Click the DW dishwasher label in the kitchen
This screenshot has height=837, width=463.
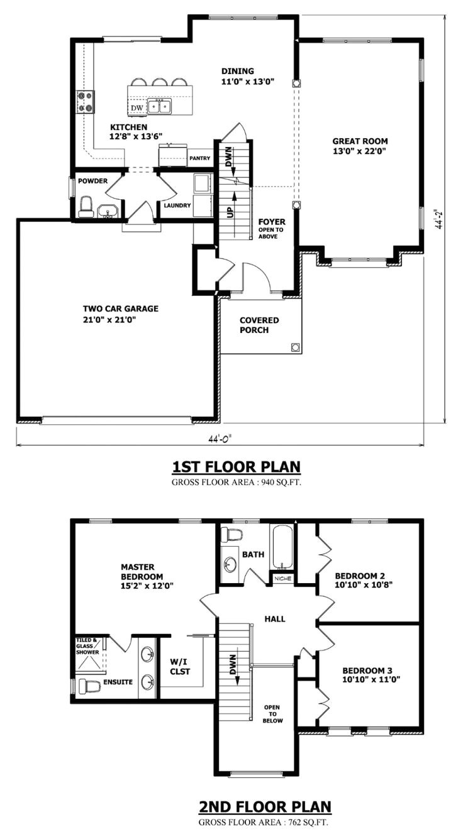(137, 108)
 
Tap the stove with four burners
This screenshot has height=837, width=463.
(85, 102)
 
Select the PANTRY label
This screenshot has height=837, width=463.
(199, 158)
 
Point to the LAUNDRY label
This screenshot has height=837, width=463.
(177, 205)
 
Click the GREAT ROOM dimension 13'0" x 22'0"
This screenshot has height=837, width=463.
(360, 151)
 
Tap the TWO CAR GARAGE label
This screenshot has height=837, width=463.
(120, 309)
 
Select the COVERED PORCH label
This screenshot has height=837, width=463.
(259, 325)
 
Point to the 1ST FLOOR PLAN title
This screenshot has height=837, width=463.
(236, 467)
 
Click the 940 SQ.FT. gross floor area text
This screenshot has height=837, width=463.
(269, 483)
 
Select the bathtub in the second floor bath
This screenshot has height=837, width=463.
(282, 547)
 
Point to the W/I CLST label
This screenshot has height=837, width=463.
(180, 665)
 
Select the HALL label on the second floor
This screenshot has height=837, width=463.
(275, 619)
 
